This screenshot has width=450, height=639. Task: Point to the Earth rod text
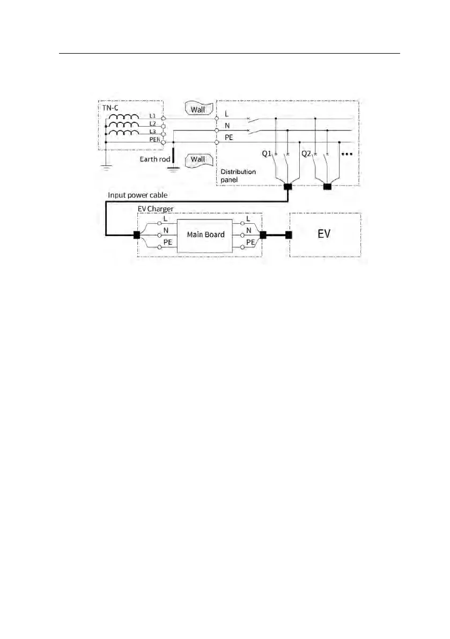pyautogui.click(x=154, y=159)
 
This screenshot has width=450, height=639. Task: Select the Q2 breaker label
pyautogui.click(x=307, y=153)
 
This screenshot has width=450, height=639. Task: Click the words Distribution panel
pyautogui.click(x=238, y=175)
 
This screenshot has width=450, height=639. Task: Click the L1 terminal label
pyautogui.click(x=153, y=116)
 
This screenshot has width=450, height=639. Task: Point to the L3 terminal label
pyautogui.click(x=153, y=132)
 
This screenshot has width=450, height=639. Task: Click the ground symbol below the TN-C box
pyautogui.click(x=106, y=166)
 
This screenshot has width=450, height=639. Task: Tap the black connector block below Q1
pyautogui.click(x=287, y=187)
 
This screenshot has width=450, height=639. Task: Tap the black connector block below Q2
pyautogui.click(x=327, y=187)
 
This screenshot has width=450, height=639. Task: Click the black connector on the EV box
pyautogui.click(x=289, y=234)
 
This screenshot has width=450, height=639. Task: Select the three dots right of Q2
pyautogui.click(x=346, y=154)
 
